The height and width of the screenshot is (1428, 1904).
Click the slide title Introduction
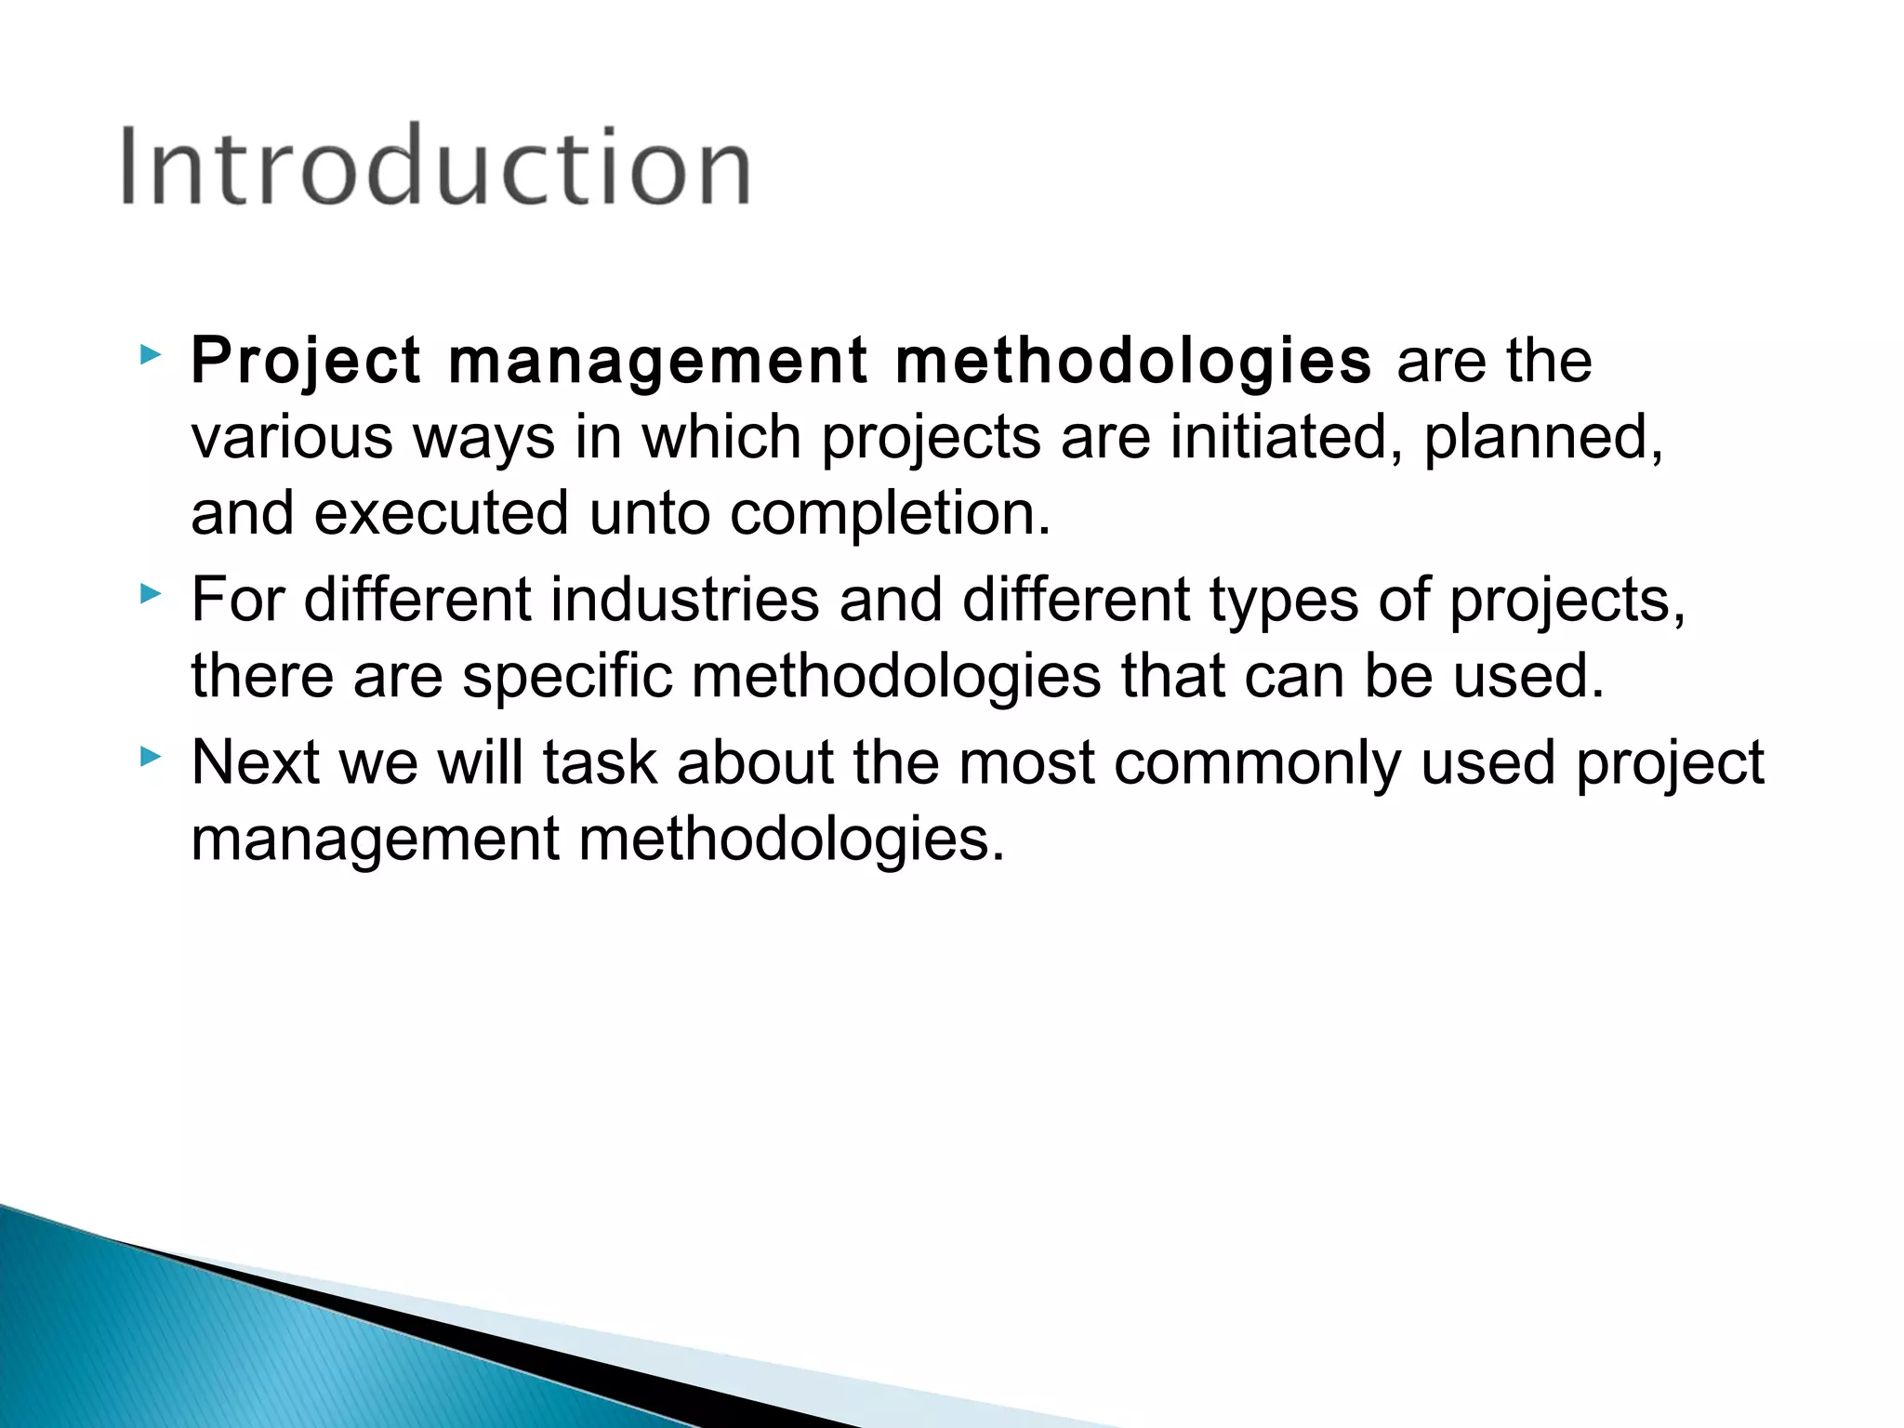435,166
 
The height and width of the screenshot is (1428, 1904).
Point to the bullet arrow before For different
149,593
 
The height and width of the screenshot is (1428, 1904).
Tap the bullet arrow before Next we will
149,757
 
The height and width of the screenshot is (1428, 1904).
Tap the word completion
890,514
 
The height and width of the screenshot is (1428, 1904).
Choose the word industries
685,599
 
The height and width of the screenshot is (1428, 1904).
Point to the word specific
567,676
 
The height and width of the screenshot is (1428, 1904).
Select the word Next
255,762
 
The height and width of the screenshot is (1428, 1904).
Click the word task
600,762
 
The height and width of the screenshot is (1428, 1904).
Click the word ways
483,438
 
